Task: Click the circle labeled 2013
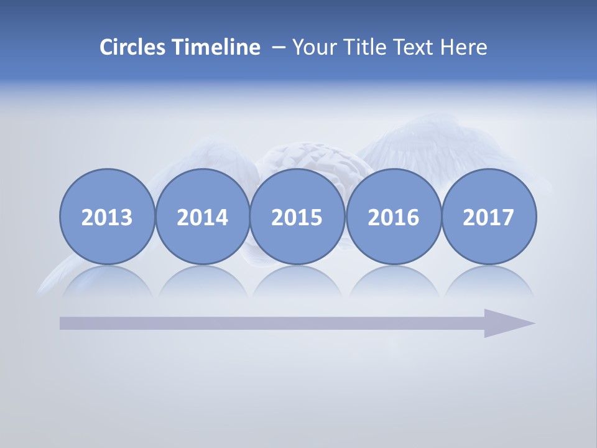(107, 217)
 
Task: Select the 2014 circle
(202, 217)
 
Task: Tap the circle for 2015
(297, 217)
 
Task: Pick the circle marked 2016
(393, 217)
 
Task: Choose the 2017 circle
(489, 217)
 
